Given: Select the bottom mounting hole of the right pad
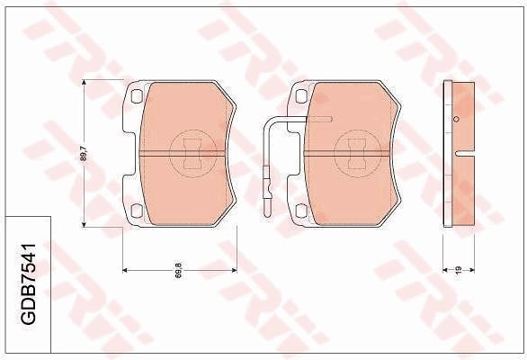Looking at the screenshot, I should (299, 212).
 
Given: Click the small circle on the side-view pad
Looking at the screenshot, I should (456, 120).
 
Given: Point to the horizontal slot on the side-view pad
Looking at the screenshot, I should (464, 154).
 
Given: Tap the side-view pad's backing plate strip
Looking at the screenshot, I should (449, 154).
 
